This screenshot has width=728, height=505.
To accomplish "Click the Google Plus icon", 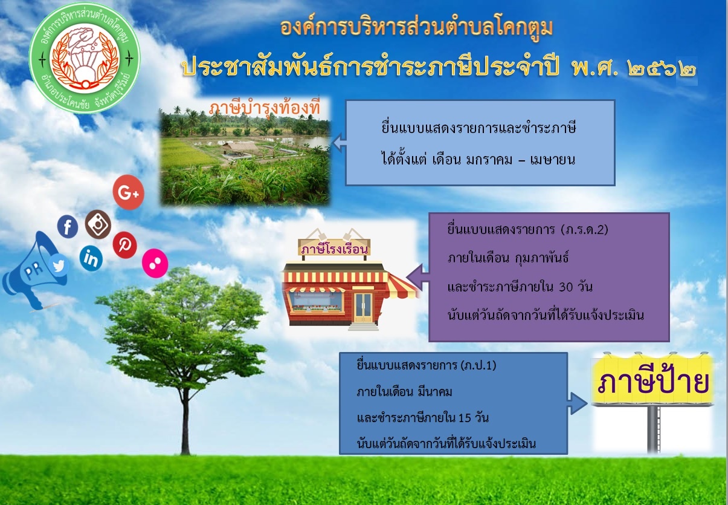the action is [x=128, y=192].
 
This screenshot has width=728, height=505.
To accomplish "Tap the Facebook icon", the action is [x=68, y=226].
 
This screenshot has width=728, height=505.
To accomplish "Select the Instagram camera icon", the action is [x=98, y=224].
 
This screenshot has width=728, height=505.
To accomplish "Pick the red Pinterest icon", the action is [x=125, y=245].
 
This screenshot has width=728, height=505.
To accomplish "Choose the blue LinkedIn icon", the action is [x=91, y=259].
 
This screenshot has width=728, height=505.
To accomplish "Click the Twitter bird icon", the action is [x=59, y=266].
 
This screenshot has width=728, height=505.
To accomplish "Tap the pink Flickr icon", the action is [x=155, y=263].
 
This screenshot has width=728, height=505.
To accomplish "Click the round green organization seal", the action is [x=85, y=58].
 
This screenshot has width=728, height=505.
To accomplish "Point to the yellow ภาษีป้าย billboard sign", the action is [x=652, y=380].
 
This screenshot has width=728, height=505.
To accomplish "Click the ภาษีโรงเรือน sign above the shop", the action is [x=334, y=249].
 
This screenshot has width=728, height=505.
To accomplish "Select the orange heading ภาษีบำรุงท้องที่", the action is [x=265, y=108].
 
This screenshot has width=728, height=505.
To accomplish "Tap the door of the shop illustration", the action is [x=363, y=308].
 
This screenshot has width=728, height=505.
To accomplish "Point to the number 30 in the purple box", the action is [x=566, y=287].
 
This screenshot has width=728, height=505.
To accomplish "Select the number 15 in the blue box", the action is [x=465, y=418].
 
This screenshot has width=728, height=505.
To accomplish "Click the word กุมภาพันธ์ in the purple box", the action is [x=542, y=259].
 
